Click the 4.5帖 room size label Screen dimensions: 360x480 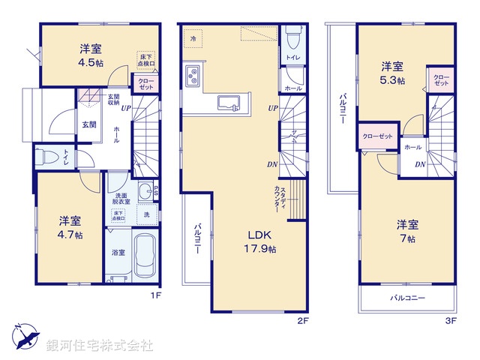(87, 62)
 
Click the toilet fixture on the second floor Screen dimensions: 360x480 (291, 35)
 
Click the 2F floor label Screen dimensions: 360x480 (301, 321)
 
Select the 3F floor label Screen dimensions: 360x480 (450, 321)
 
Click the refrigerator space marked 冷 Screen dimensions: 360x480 (193, 37)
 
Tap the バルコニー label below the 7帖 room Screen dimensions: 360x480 (407, 298)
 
